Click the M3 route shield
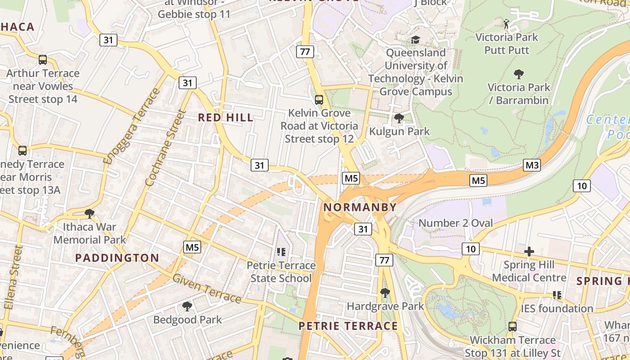tap(532, 165)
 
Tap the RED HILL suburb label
tap(226, 118)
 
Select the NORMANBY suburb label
tap(360, 207)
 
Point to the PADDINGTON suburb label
tap(117, 258)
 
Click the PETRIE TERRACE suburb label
tap(348, 326)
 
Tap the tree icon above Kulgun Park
tap(399, 119)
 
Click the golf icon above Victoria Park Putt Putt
tap(506, 24)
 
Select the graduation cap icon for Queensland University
tap(415, 40)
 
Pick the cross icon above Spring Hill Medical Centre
tap(529, 252)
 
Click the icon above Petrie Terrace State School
tap(281, 252)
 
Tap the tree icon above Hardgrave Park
tap(385, 293)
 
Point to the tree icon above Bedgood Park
tap(187, 307)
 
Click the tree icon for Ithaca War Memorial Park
tap(90, 213)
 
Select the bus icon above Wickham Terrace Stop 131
tap(512, 326)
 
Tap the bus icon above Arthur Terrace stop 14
tap(43, 60)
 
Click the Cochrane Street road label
tap(166, 148)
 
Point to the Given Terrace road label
tap(207, 288)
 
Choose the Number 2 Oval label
tap(455, 223)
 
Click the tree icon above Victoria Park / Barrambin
tap(518, 74)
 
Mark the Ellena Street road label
tap(13, 277)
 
